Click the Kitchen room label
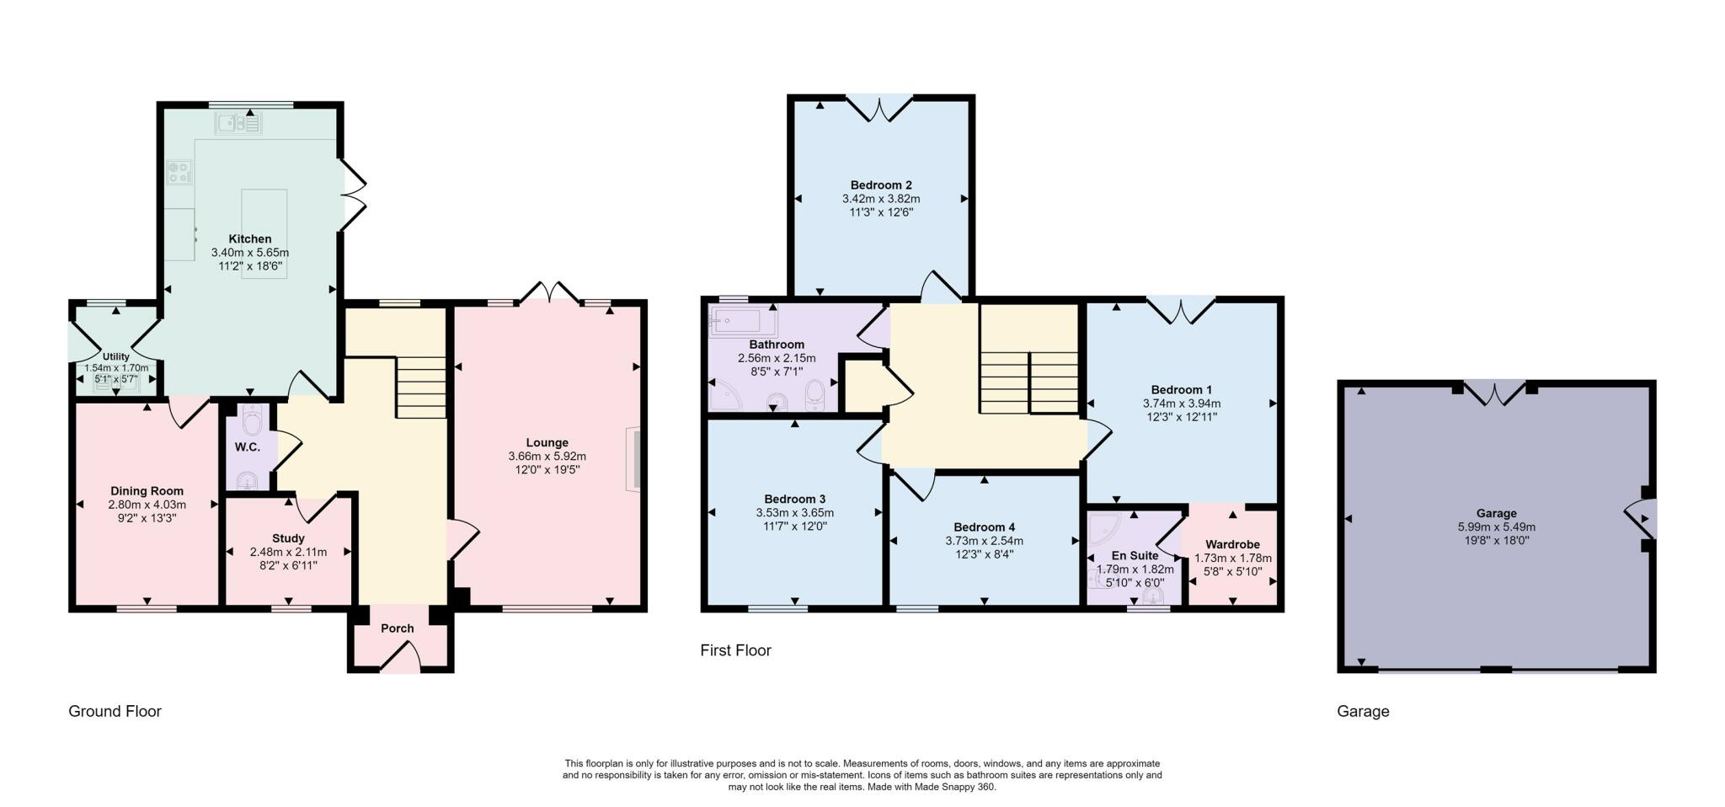tap(249, 238)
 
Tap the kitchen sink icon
tap(239, 125)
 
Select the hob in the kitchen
tap(179, 173)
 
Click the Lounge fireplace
tap(633, 459)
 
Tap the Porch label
tap(398, 628)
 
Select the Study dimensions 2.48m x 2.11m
tap(288, 552)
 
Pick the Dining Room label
tap(147, 491)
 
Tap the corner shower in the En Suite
tap(1103, 528)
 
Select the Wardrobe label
tap(1232, 544)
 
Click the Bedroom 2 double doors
tap(879, 108)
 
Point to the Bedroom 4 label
tap(984, 527)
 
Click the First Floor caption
tap(735, 650)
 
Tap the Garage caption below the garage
tap(1362, 711)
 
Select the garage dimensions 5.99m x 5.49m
tap(1496, 526)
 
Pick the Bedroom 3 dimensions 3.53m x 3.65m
tap(794, 512)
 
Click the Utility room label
tap(116, 357)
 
